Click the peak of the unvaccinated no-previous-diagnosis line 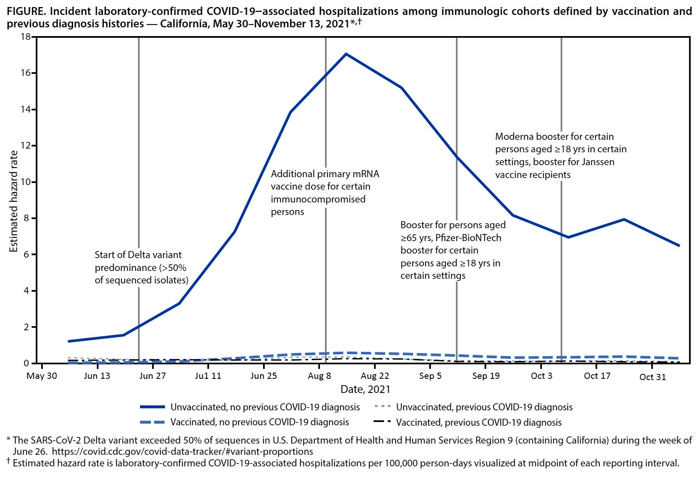click(346, 54)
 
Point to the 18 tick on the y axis click(26, 37)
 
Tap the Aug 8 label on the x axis click(319, 376)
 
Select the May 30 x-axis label click(42, 376)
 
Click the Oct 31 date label click(652, 377)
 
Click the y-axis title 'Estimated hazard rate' click(14, 201)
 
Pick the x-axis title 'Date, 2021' click(365, 389)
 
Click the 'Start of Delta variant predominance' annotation click(141, 267)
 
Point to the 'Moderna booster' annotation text click(561, 155)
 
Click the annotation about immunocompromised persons click(325, 193)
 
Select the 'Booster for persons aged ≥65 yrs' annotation click(453, 250)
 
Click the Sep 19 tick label click(486, 376)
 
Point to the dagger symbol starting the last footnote click(8, 461)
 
